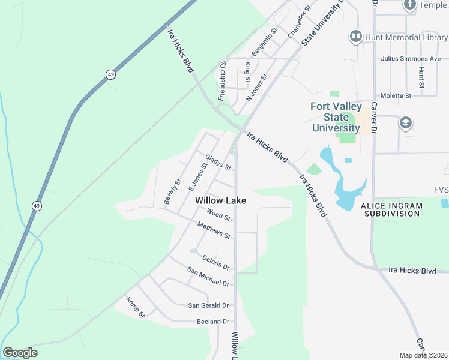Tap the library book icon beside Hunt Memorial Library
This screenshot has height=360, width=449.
click(355, 37)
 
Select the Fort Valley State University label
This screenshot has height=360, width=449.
click(336, 117)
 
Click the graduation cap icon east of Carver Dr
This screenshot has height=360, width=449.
click(405, 124)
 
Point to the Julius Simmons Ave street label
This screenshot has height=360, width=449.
click(411, 59)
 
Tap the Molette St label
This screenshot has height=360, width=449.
click(396, 95)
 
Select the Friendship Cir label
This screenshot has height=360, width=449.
click(222, 80)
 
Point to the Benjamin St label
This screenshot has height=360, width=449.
click(264, 42)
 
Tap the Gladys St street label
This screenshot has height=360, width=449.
click(218, 162)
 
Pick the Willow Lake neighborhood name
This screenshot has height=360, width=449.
click(220, 200)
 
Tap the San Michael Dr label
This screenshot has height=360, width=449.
click(208, 277)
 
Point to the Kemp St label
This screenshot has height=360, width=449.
click(136, 307)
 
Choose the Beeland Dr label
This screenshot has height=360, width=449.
click(213, 322)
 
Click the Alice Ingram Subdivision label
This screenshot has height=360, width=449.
click(391, 209)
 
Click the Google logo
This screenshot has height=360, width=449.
click(20, 353)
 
